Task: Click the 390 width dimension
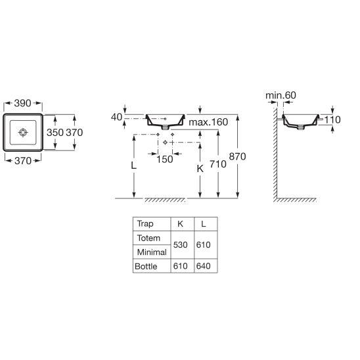(x=22, y=103)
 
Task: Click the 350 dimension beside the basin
(x=55, y=133)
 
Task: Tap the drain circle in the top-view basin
(x=23, y=132)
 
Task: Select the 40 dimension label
(x=117, y=117)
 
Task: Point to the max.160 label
(x=208, y=122)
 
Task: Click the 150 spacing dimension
(x=165, y=160)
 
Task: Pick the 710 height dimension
(x=218, y=164)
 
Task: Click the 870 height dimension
(x=237, y=156)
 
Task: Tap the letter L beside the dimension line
(x=133, y=166)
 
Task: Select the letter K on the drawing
(x=200, y=169)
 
